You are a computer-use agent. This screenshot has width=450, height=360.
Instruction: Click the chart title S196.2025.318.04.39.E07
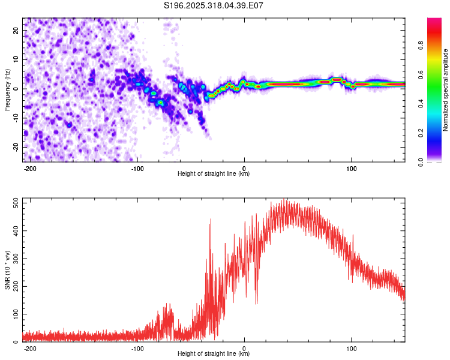[214, 5]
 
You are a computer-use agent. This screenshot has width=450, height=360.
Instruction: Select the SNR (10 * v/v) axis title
[7, 270]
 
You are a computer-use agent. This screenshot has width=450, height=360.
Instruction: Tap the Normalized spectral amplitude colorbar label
[445, 90]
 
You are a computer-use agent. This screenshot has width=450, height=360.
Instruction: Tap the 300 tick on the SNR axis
[16, 259]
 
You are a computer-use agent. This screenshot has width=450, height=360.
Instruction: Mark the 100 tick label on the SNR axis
[16, 314]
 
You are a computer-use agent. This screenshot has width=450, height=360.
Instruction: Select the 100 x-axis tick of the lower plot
[352, 348]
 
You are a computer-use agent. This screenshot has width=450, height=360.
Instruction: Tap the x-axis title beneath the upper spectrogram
[214, 174]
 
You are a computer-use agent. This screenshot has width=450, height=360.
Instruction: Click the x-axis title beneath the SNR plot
[214, 354]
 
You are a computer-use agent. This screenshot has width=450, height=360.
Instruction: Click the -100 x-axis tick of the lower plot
[137, 348]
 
